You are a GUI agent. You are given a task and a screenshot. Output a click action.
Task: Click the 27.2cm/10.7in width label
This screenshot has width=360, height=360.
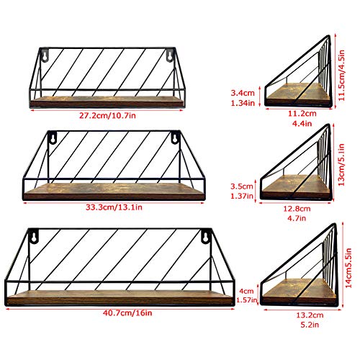[107, 116]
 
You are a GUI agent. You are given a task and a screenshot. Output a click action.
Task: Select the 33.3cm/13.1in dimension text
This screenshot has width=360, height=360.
[114, 207]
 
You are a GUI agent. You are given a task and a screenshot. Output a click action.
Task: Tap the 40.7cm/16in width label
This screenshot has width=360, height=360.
[127, 313]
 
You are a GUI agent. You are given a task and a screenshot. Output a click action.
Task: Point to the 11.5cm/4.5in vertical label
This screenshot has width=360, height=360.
[342, 75]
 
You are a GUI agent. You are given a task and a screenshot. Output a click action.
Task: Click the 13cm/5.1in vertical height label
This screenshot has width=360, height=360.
[341, 165]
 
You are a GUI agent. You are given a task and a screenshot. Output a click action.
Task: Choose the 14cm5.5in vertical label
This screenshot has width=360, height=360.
[348, 268]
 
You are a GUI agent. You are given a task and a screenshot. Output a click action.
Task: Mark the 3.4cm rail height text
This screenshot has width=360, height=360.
[243, 93]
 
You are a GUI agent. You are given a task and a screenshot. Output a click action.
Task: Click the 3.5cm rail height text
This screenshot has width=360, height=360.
[242, 186]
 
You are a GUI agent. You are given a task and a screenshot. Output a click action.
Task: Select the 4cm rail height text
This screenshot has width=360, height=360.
[246, 291]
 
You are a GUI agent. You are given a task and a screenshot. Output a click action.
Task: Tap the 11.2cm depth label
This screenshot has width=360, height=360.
[302, 113]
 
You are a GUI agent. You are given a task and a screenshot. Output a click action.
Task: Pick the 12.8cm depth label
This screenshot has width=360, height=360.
[297, 209]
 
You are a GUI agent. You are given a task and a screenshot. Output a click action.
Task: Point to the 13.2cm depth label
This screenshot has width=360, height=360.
[310, 315]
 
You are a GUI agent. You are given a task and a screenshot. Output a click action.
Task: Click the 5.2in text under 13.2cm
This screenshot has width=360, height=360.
[310, 325]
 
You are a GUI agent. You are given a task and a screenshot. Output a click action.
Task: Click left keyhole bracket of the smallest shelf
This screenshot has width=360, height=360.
[45, 55]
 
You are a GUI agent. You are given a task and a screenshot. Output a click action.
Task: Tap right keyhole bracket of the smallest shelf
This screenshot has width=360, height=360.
[170, 55]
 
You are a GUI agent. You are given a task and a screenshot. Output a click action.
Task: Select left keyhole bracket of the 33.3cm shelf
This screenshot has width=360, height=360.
[53, 138]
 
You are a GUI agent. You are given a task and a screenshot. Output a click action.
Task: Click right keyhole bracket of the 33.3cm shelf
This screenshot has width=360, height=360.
[176, 138]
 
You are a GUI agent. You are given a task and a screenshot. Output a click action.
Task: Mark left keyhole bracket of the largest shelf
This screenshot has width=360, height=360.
[34, 236]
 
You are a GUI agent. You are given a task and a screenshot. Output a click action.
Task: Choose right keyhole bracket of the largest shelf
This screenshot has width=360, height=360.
[206, 236]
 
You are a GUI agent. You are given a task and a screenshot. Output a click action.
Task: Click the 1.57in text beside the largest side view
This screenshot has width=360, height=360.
[247, 300]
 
